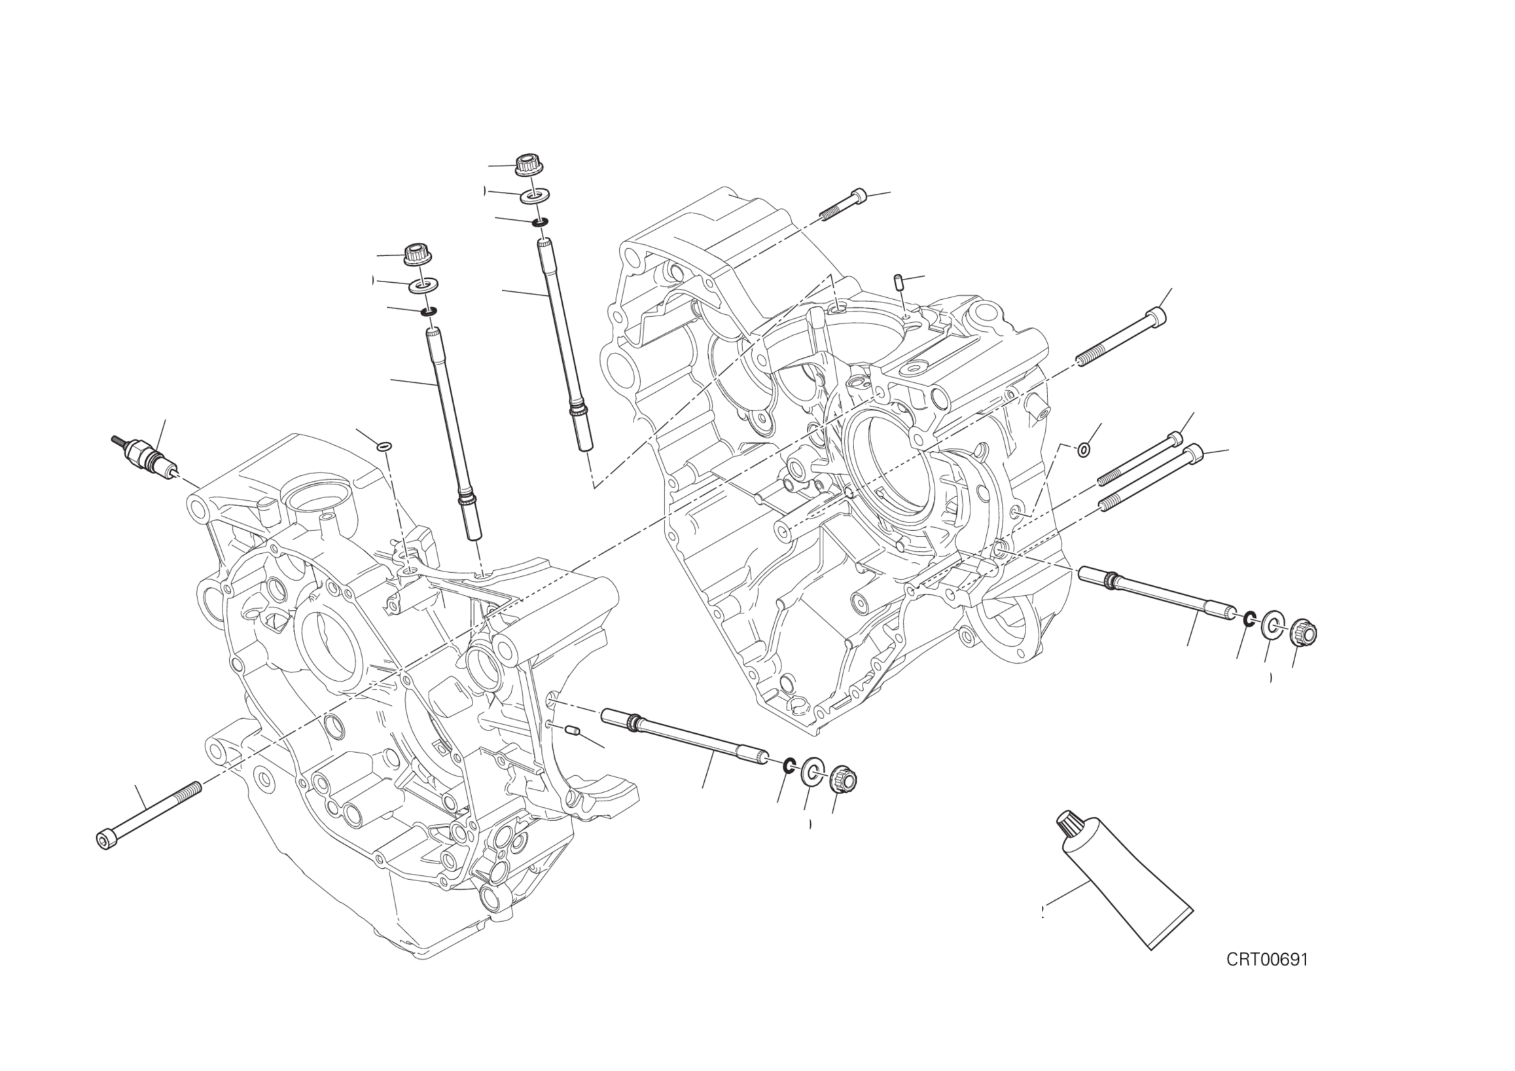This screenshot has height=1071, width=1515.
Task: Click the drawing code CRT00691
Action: tap(1267, 977)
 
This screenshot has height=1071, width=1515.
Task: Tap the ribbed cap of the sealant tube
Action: tap(1065, 824)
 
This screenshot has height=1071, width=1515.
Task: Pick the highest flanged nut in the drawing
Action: tap(527, 164)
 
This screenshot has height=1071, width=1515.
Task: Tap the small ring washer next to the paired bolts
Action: tap(1083, 450)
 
